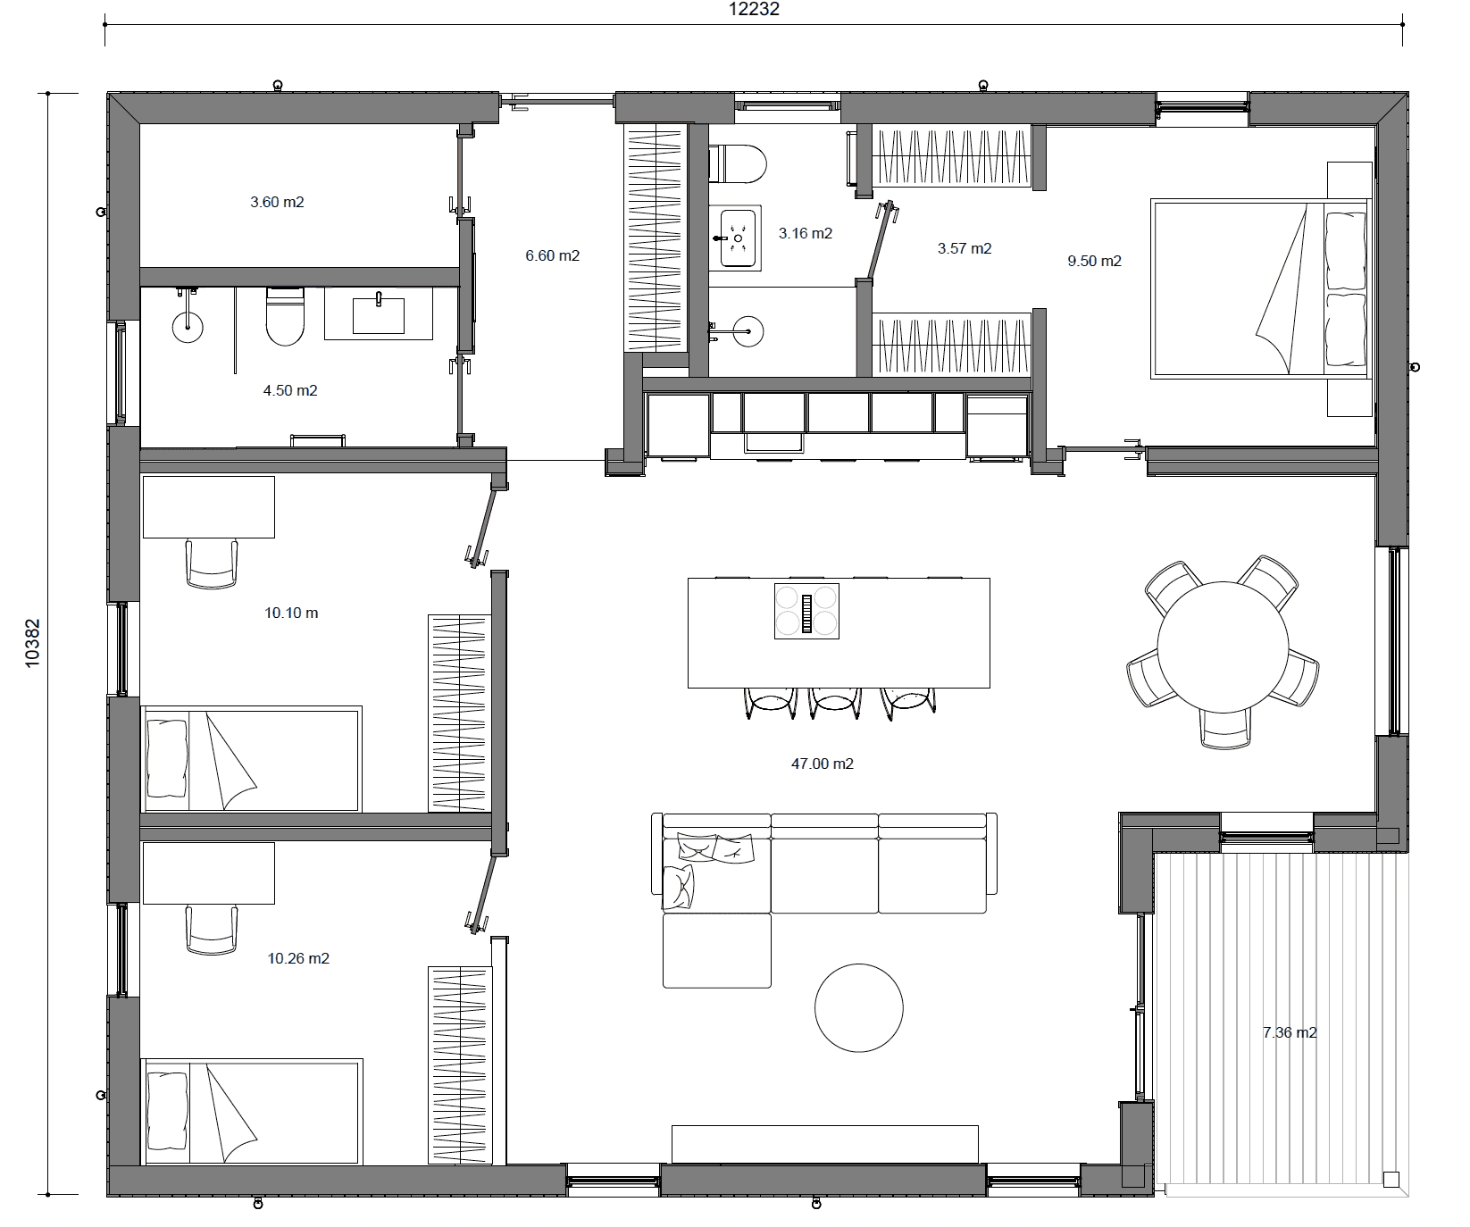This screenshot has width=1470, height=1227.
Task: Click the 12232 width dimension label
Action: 755,9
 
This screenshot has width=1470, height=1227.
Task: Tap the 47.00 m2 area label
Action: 823,764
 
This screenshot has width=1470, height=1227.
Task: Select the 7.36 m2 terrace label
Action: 1290,1032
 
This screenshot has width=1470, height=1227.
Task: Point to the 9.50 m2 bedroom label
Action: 1094,261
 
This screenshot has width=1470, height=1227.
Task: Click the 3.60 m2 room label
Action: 277,202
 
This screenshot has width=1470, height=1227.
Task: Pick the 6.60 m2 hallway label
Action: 552,255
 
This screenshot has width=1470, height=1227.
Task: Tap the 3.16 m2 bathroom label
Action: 805,233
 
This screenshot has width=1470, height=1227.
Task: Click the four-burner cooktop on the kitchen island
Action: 806,610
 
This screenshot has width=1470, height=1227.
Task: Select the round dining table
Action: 1223,647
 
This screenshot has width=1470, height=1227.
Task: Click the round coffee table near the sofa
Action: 858,1007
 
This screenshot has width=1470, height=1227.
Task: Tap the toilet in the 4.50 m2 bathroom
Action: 285,316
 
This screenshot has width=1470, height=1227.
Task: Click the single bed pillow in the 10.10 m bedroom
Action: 167,758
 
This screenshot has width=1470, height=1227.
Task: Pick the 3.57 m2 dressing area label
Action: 964,248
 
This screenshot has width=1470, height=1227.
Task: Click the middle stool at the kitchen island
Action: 835,702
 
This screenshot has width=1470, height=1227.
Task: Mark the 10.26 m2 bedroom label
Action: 298,958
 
